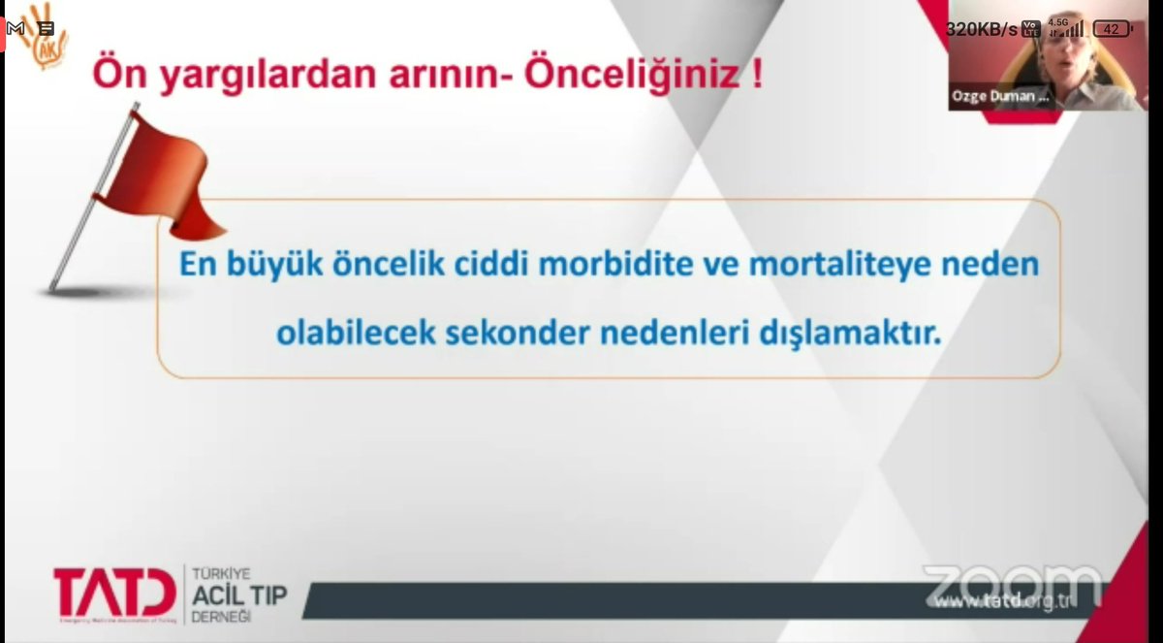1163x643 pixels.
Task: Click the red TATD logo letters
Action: [114, 594]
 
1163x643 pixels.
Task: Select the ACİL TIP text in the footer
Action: [240, 595]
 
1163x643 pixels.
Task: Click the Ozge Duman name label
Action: [1001, 96]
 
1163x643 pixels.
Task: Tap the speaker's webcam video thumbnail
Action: [1047, 58]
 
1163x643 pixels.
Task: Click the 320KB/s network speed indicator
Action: [981, 29]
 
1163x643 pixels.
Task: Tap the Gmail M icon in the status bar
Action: [16, 29]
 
